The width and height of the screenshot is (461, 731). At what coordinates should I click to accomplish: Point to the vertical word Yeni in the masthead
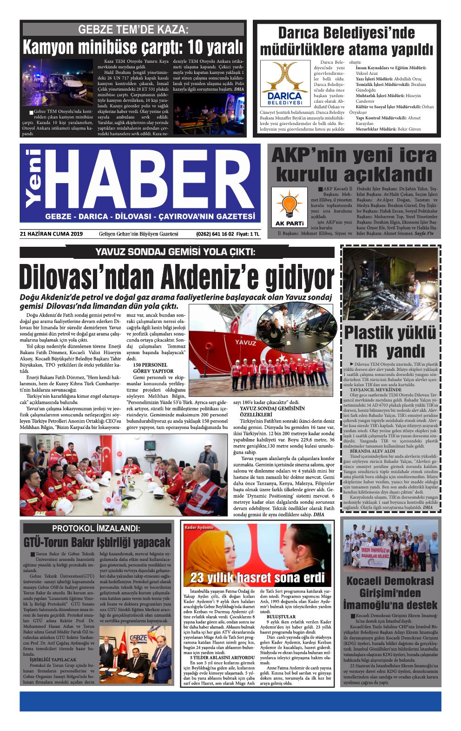[33, 178]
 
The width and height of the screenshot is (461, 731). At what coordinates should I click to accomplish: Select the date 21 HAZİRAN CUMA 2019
[52, 234]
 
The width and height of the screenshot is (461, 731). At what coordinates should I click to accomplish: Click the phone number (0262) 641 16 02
[215, 234]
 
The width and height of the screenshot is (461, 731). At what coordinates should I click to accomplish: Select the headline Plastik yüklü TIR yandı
[390, 342]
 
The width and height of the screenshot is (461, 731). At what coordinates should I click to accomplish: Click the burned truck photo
[390, 283]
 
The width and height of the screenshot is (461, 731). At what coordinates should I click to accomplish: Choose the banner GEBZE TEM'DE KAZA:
[133, 30]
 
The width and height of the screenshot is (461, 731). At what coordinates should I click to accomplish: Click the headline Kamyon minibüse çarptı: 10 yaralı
[133, 47]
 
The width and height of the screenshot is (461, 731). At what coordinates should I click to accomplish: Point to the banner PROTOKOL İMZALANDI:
[96, 528]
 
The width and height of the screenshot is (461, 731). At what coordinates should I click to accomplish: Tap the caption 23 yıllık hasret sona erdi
[257, 578]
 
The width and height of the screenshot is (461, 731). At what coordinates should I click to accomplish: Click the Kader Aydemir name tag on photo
[199, 527]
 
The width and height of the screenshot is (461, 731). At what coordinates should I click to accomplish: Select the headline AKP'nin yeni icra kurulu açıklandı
[354, 165]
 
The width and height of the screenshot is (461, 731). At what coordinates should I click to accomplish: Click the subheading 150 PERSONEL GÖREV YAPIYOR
[153, 368]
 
